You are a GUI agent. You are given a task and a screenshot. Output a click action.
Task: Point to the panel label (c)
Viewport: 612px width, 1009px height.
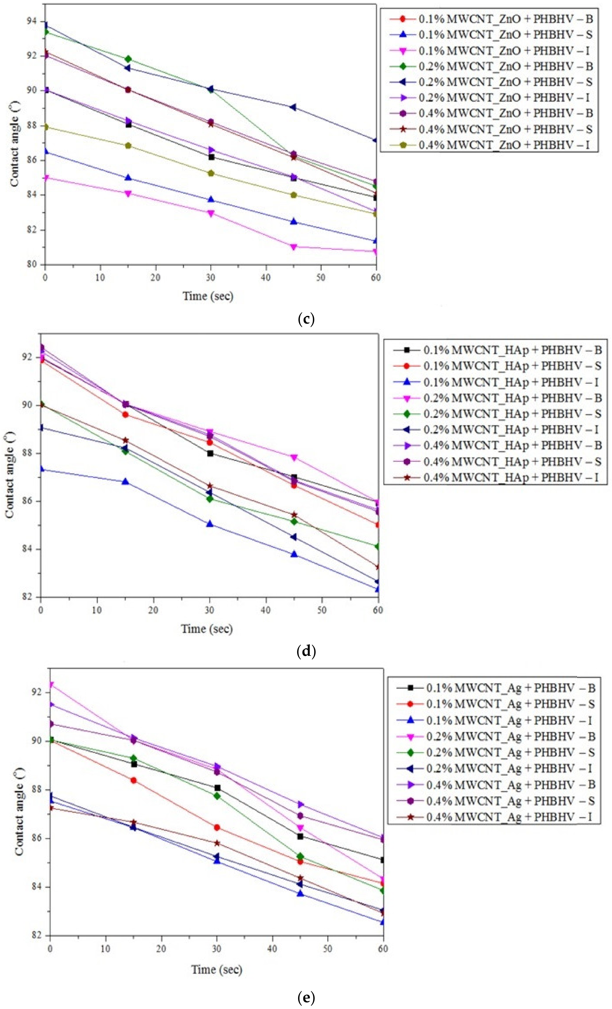[306, 319]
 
